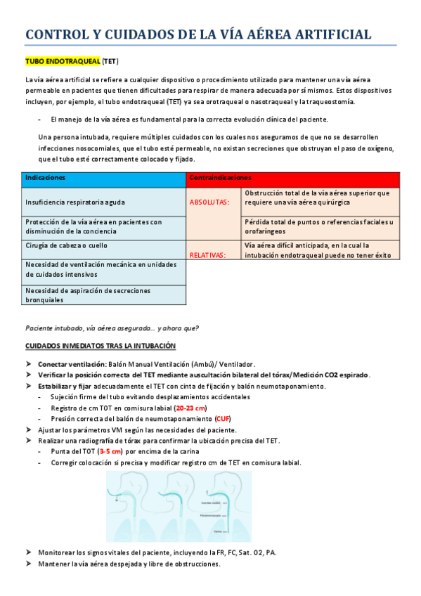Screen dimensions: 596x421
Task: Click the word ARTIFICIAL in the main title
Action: (x=325, y=34)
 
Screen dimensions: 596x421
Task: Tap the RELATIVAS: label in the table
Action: (x=208, y=255)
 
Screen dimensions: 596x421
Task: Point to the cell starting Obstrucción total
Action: (x=318, y=197)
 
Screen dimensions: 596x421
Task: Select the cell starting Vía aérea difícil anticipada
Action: (x=318, y=250)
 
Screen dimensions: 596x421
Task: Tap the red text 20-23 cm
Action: (x=191, y=408)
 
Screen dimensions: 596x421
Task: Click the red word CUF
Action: (x=224, y=418)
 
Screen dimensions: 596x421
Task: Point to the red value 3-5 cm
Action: (x=110, y=451)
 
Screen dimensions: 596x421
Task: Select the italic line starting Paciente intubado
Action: (x=112, y=328)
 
